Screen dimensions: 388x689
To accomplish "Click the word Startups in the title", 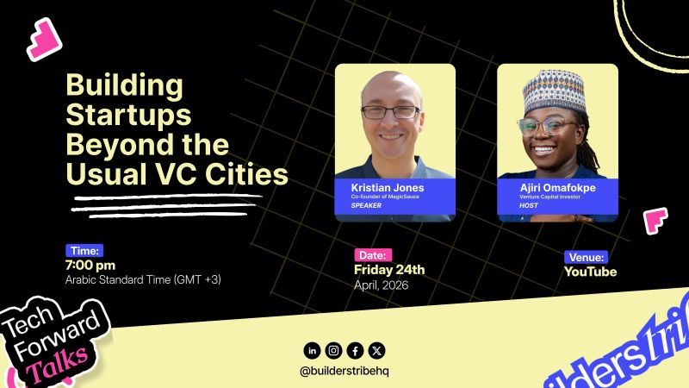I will tap(128, 115).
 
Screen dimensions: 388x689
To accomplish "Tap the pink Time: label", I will tap(84, 251).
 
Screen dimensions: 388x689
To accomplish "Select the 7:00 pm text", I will tap(90, 266).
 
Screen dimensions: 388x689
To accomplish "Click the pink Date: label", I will tap(373, 255).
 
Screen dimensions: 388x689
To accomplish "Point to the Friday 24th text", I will tap(389, 270).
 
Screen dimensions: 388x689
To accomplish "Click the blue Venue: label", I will tap(586, 257).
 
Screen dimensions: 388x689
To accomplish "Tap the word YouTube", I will tap(590, 272).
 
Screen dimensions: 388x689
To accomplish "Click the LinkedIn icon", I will tap(312, 350).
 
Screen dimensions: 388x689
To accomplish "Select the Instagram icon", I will tap(333, 350).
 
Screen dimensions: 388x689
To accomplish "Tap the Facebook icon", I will tap(355, 350).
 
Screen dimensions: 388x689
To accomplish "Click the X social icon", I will tap(376, 350).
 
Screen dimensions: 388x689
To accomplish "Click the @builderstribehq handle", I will tap(344, 371).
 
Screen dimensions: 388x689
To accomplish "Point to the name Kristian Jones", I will tap(388, 187).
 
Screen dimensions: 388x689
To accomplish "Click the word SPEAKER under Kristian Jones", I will tap(366, 205).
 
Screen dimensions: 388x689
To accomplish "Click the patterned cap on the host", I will tap(555, 91).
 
